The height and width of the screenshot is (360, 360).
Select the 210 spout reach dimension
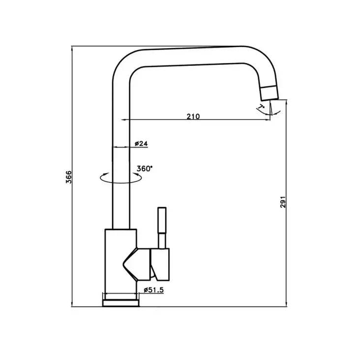tap(193, 116)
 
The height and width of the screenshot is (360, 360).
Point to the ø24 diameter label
tap(141, 144)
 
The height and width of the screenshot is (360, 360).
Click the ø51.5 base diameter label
tap(153, 290)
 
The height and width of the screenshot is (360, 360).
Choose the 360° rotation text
tap(145, 168)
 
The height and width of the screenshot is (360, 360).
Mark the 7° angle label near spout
tap(261, 106)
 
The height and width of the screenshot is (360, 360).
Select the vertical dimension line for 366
tap(72, 123)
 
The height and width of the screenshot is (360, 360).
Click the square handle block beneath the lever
tap(161, 261)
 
